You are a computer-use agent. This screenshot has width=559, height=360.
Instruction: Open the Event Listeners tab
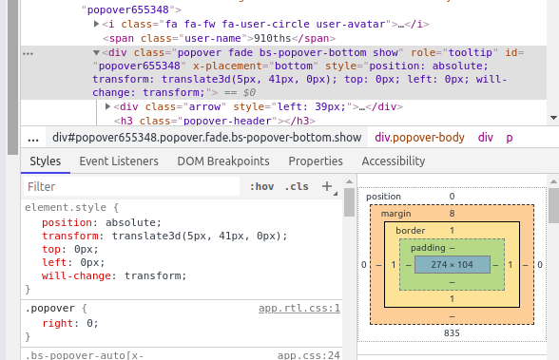(119, 161)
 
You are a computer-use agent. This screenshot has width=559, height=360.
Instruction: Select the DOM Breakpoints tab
(223, 161)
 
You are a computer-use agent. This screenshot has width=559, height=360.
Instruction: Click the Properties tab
(316, 161)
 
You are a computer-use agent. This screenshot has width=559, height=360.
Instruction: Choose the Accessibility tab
(394, 161)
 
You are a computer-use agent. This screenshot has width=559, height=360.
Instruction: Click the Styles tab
(45, 161)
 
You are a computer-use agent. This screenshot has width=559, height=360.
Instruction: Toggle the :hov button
(262, 187)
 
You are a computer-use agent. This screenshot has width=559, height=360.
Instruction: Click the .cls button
(298, 187)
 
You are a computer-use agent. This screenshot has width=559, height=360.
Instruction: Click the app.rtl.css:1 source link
(299, 309)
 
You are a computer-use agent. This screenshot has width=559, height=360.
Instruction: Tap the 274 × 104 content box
(452, 263)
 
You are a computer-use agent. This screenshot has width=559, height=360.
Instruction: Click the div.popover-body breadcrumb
(420, 138)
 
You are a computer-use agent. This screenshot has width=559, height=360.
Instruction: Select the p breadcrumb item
(510, 138)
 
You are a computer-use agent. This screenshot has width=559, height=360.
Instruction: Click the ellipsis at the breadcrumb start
(33, 138)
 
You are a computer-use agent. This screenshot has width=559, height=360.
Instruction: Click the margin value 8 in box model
(452, 215)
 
